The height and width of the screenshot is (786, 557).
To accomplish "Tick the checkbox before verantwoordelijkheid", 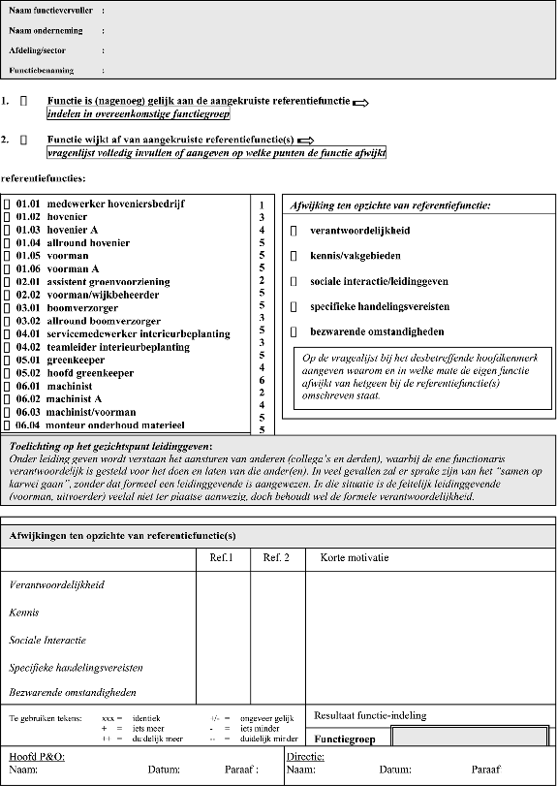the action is coord(294,232).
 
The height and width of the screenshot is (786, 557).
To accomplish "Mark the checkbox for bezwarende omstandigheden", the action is coord(294,331).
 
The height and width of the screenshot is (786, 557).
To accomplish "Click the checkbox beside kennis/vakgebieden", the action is coord(294,256).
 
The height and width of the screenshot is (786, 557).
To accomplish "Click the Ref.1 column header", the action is coord(222,558).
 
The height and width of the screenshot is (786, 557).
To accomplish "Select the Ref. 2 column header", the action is coord(276,558).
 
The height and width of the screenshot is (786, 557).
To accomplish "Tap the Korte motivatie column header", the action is coord(355,558).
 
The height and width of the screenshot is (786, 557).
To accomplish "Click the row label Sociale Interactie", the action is coord(47,641).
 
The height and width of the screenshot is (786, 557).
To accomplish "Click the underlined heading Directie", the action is coord(306,756).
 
